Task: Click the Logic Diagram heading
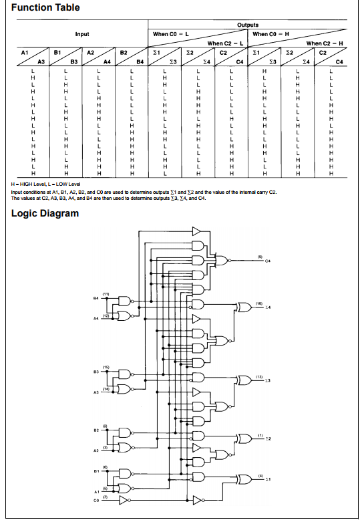pos(45,214)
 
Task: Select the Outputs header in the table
pos(248,25)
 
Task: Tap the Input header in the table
pos(81,34)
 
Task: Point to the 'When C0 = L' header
pos(171,34)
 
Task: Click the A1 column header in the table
pos(25,51)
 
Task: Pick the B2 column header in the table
pos(124,51)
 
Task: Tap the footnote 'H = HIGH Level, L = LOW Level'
pos(45,183)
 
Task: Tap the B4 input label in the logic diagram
pos(96,299)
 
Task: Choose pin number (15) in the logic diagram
pos(106,367)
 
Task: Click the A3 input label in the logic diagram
pos(96,394)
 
